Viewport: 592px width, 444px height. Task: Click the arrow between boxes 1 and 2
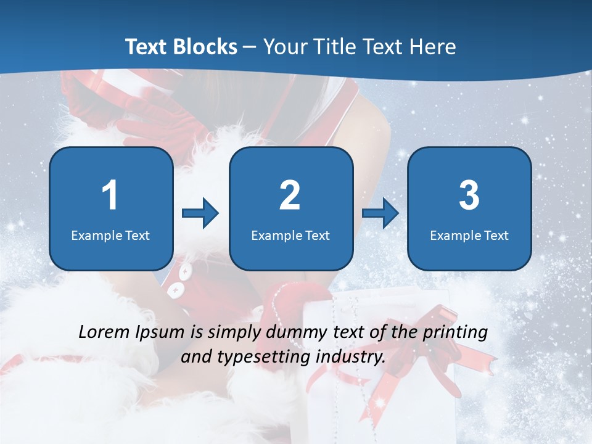point(200,214)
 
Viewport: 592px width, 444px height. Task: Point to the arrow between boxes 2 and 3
point(380,213)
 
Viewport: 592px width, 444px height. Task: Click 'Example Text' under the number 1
point(110,235)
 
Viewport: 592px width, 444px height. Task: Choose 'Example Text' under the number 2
point(290,235)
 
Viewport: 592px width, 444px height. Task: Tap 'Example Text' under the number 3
point(469,235)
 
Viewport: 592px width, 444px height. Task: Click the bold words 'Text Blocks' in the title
point(181,47)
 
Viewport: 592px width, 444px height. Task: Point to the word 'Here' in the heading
point(434,47)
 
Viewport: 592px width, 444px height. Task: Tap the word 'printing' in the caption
point(454,333)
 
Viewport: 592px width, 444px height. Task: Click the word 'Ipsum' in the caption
point(160,333)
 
